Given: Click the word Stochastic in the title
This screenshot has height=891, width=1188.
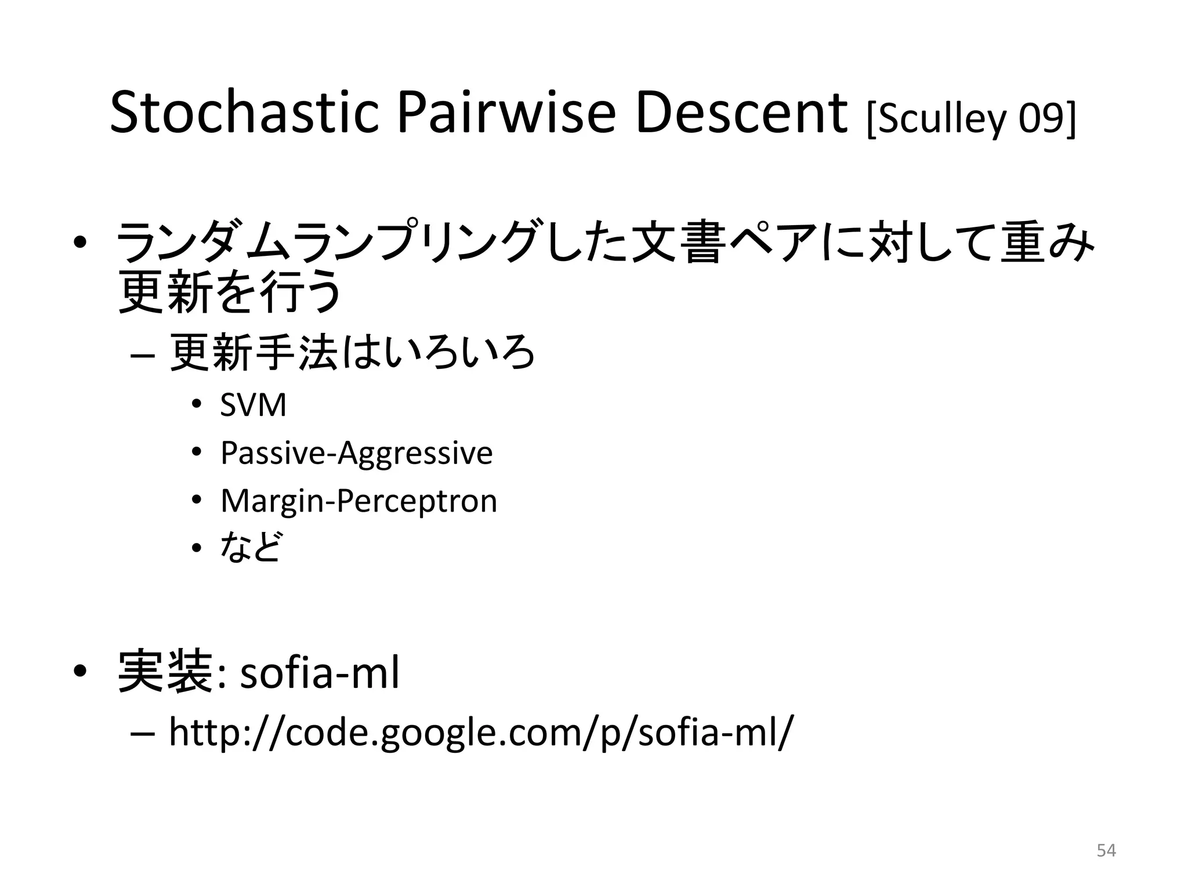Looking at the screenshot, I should pos(244,114).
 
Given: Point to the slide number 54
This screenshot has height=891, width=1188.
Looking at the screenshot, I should pos(1106,850).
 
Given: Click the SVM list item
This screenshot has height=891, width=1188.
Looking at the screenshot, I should pos(253,405).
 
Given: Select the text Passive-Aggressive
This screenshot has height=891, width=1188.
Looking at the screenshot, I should pos(356,453).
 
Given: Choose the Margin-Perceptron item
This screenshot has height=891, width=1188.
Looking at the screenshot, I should pos(358,501).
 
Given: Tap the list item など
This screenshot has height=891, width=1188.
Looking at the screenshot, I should pos(251,547).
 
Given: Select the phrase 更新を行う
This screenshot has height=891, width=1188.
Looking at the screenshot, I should pos(229,294).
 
